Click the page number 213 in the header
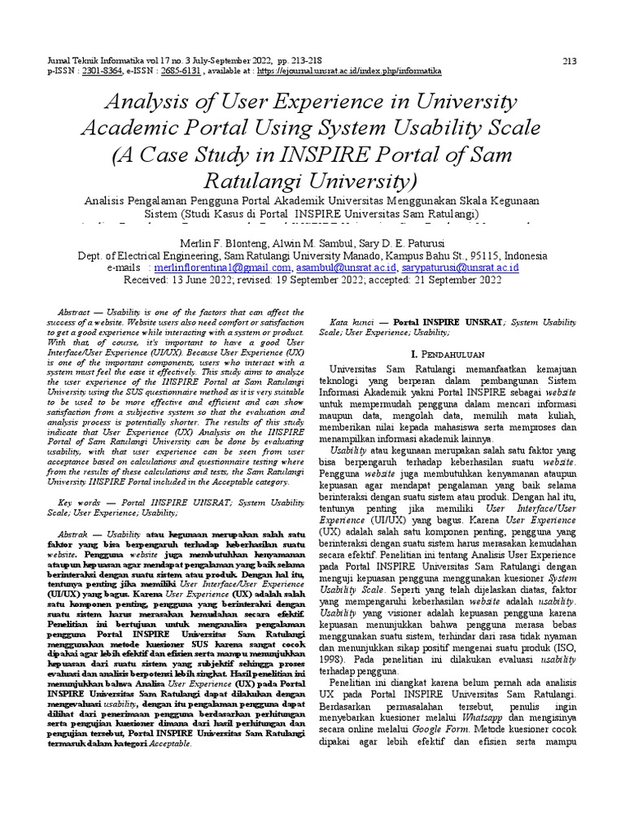[570, 60]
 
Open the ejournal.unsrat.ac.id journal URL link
[349, 71]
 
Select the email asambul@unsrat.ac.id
[346, 267]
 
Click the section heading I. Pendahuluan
[449, 355]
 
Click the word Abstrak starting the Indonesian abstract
[76, 529]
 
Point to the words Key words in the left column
[79, 503]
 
